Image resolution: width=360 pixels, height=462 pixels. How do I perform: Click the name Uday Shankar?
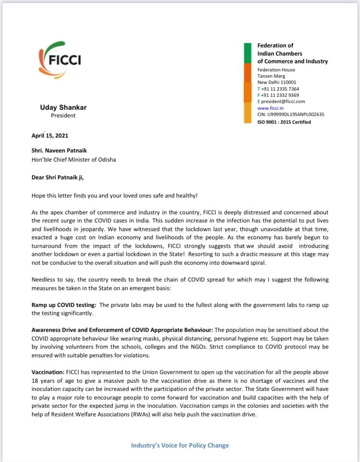(63, 107)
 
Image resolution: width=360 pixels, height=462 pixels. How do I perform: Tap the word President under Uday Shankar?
(63, 116)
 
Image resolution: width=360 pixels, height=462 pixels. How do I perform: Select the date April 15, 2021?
(50, 136)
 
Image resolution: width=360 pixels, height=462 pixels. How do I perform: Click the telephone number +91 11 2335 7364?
(280, 89)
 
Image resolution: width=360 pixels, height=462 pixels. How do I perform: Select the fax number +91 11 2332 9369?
(280, 95)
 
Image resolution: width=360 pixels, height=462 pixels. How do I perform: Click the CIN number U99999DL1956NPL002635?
(290, 115)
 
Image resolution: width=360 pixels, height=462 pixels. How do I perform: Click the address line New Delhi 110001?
(277, 83)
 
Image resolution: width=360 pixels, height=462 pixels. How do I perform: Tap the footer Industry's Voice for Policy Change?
(180, 445)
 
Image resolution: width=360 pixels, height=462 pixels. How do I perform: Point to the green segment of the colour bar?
(248, 53)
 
